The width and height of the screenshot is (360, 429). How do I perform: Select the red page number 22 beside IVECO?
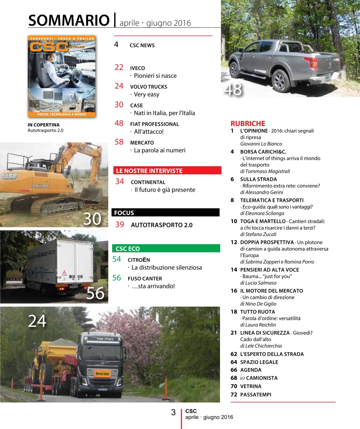pyautogui.click(x=119, y=67)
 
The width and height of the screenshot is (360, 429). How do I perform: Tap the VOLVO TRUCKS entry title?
pyautogui.click(x=148, y=87)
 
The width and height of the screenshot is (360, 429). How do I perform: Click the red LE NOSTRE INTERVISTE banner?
pyautogui.click(x=167, y=171)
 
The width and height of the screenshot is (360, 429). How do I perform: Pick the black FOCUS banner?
pyautogui.click(x=165, y=212)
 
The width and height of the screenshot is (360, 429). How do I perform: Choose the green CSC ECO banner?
pyautogui.click(x=166, y=248)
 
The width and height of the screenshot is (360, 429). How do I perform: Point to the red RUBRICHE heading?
pyautogui.click(x=248, y=123)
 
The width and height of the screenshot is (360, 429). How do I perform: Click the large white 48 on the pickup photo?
pyautogui.click(x=233, y=89)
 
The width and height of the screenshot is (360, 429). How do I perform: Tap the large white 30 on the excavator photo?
pyautogui.click(x=92, y=219)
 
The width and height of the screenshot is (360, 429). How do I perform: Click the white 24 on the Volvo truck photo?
pyautogui.click(x=37, y=321)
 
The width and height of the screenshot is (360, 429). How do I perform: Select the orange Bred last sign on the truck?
pyautogui.click(x=102, y=373)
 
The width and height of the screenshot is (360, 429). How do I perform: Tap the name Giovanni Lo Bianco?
pyautogui.click(x=261, y=144)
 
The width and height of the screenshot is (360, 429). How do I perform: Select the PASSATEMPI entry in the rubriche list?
pyautogui.click(x=256, y=394)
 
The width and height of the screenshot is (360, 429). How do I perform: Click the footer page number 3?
pyautogui.click(x=173, y=412)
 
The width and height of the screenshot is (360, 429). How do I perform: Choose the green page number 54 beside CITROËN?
pyautogui.click(x=117, y=259)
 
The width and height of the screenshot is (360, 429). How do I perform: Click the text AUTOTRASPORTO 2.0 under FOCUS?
pyautogui.click(x=161, y=225)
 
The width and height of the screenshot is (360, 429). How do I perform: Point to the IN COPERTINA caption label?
pyautogui.click(x=44, y=125)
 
